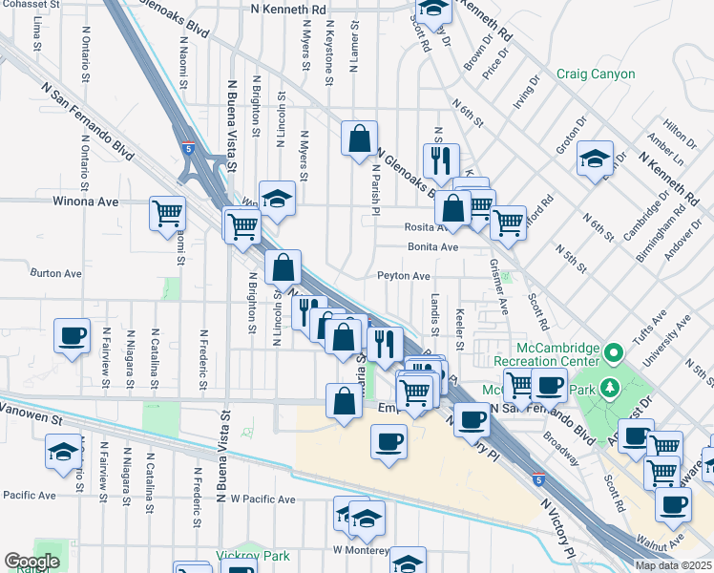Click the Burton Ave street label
[56, 273]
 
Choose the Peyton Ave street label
[403, 276]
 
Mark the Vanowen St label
[31, 418]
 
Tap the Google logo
[32, 562]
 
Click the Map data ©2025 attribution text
[674, 565]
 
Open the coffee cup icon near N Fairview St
[73, 336]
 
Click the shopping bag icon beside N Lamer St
[359, 139]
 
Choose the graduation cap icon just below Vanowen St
[63, 451]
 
